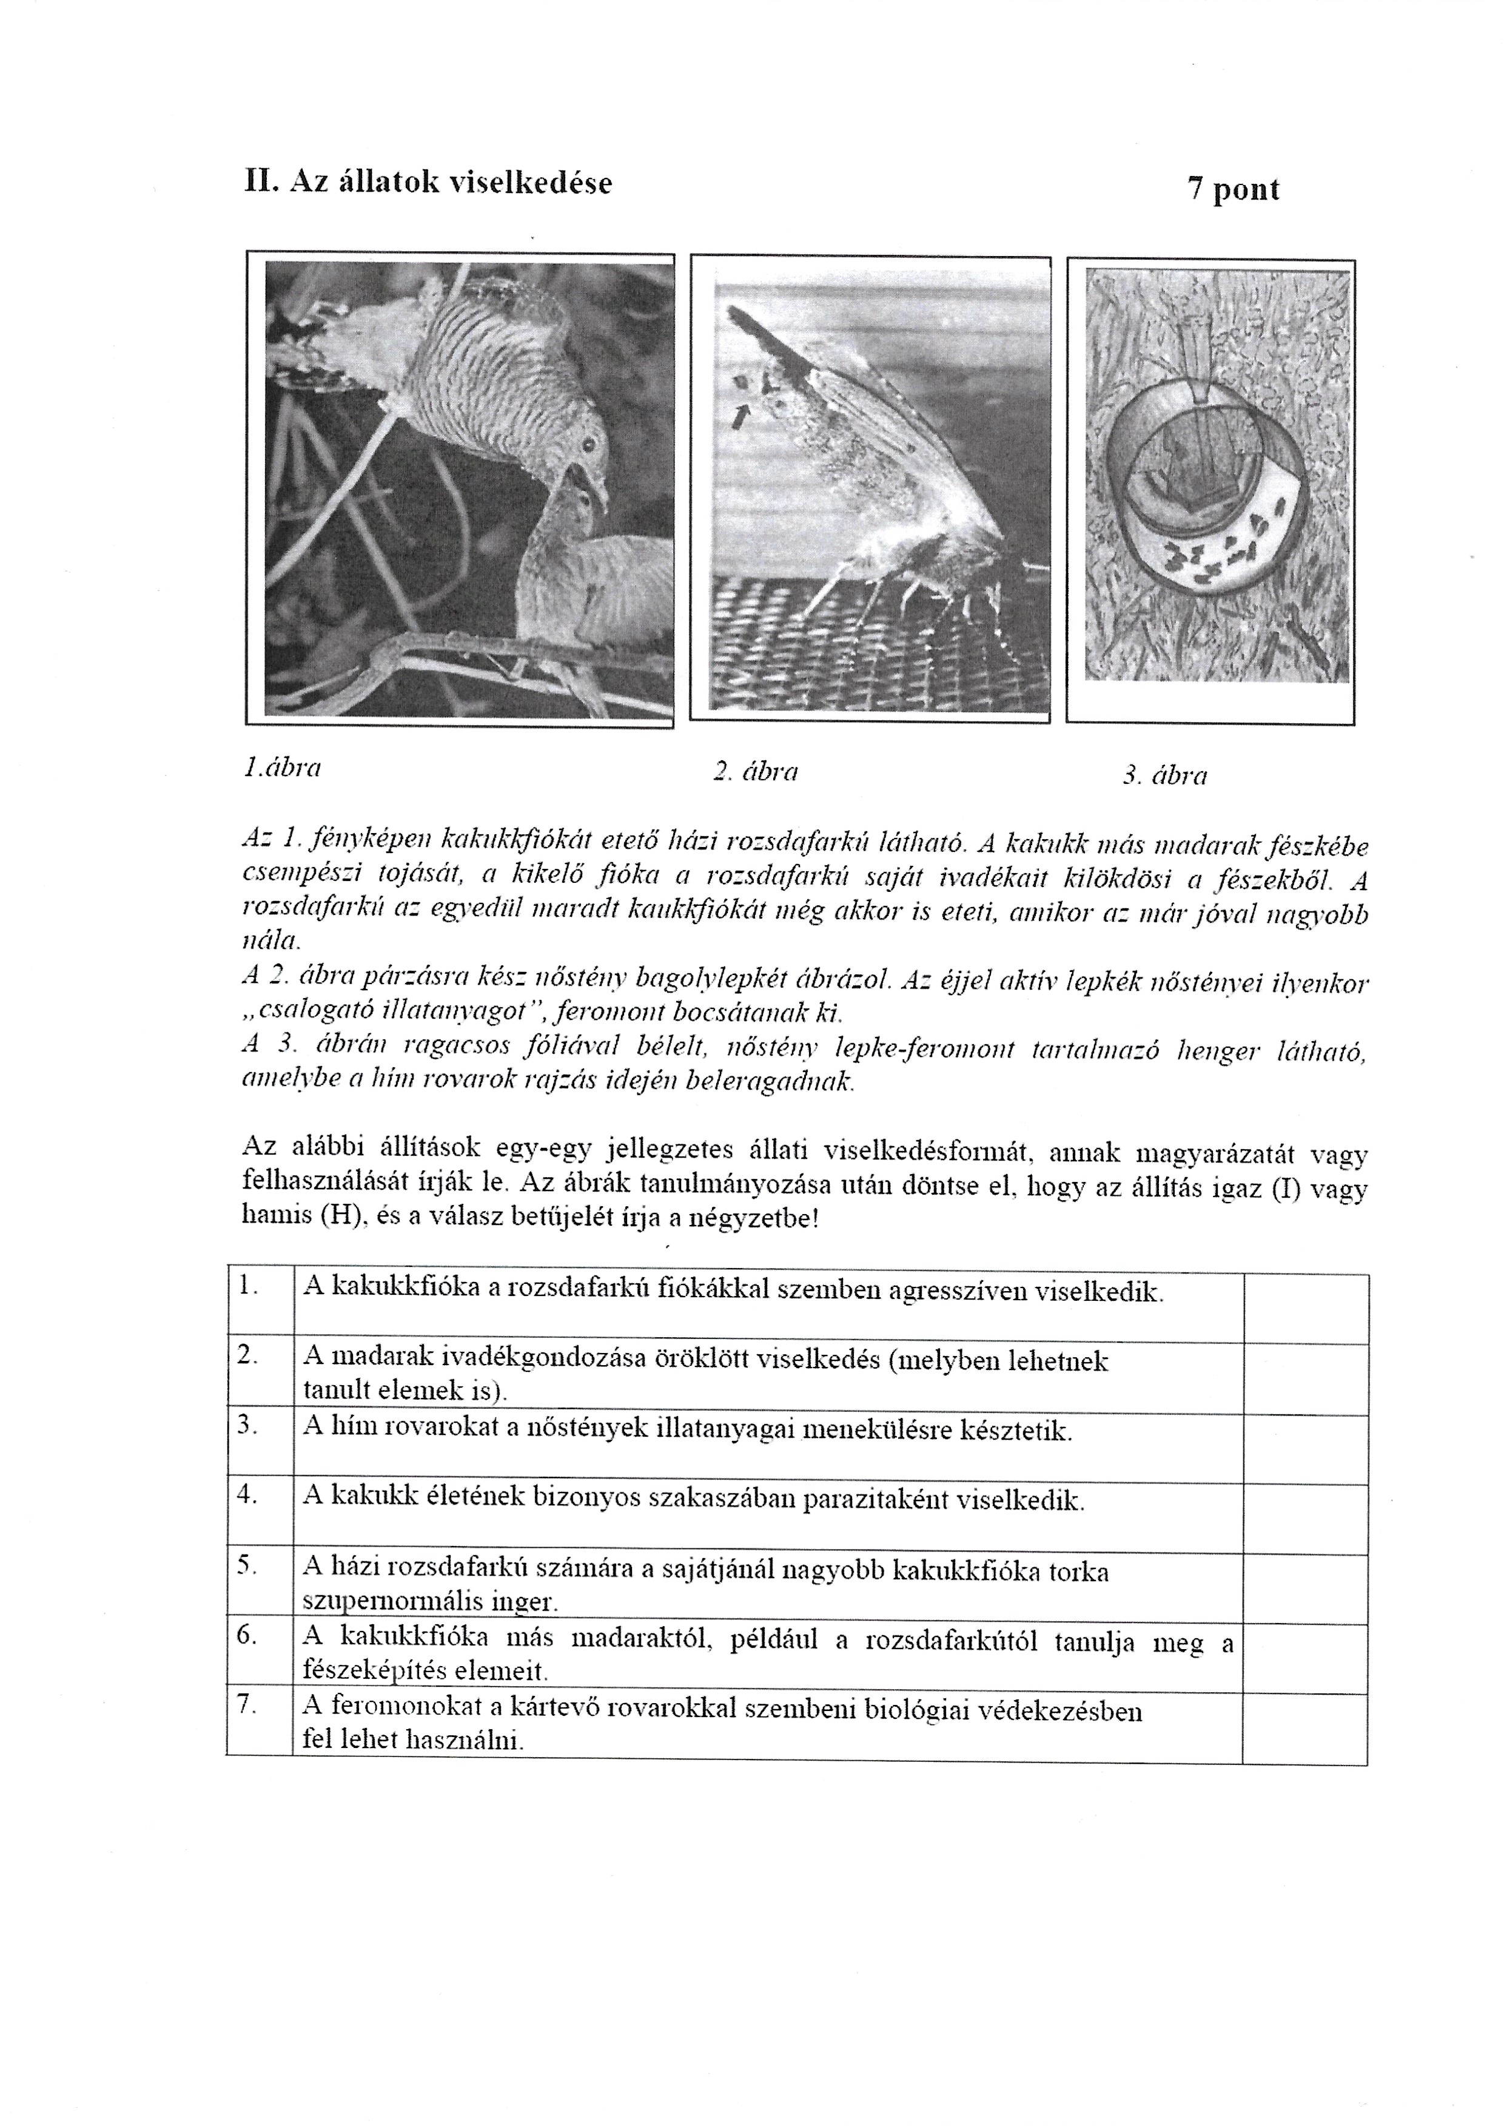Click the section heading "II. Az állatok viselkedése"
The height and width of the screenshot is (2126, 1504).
coord(428,183)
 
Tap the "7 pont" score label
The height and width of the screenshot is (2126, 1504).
coord(1233,190)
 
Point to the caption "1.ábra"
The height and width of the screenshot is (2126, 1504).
coord(283,768)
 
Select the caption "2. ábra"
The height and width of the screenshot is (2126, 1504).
coord(756,772)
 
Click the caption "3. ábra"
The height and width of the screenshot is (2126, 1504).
coord(1165,775)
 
